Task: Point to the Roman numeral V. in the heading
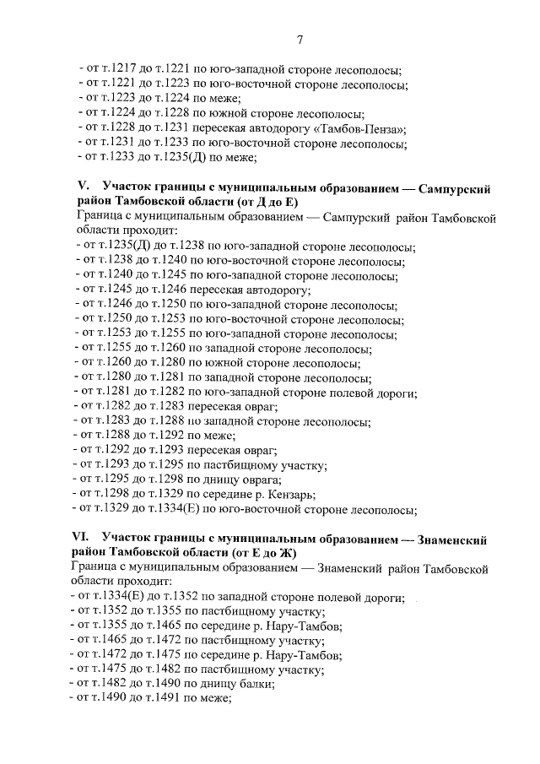click(83, 188)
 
